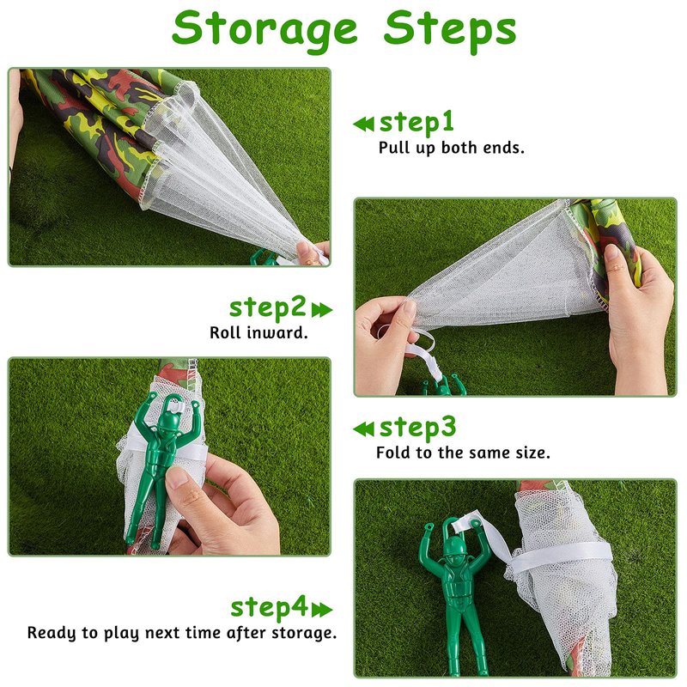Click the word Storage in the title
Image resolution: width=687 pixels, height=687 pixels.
[264, 29]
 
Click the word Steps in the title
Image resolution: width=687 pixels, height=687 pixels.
[450, 29]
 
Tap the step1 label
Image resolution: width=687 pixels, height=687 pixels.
[416, 122]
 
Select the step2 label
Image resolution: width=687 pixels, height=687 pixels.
[268, 307]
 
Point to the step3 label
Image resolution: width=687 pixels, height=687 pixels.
[417, 428]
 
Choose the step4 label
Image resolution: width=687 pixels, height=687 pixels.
[269, 608]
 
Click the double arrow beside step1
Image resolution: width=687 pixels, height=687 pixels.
[363, 124]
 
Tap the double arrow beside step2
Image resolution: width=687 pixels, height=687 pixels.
[322, 310]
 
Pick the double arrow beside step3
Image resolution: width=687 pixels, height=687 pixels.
[363, 429]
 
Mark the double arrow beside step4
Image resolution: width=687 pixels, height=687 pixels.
[322, 610]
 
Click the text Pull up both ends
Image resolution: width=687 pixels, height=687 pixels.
[452, 148]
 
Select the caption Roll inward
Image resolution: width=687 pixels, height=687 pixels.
[258, 332]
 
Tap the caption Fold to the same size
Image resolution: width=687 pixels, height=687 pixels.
[463, 453]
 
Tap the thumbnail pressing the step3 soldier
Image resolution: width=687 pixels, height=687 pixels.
[179, 477]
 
